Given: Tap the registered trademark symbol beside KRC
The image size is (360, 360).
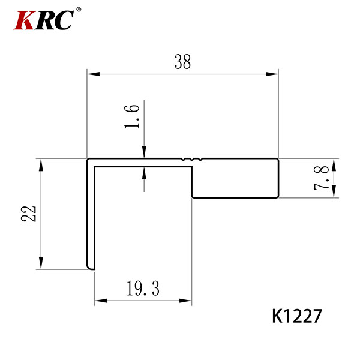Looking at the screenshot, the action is point(79,10).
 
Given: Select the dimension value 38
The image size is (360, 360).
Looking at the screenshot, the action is point(182,62).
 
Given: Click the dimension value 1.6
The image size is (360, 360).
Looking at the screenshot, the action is point(132,116).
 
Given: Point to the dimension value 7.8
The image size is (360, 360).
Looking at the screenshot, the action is point(321,178).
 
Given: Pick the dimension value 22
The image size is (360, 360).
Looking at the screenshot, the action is point(28,214).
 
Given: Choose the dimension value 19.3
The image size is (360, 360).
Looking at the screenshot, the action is point(143,289).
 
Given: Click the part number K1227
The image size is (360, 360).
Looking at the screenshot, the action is point(297,316).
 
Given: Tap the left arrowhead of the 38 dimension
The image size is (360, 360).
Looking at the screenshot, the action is point(94,74).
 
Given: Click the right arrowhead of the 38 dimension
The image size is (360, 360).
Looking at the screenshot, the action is point(272,74).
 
